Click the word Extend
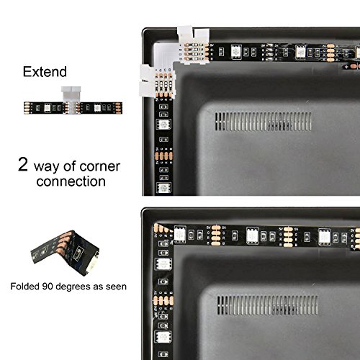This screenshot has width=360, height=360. pyautogui.click(x=45, y=72)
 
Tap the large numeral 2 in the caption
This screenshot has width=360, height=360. pyautogui.click(x=23, y=164)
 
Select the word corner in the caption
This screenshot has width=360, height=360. pyautogui.click(x=100, y=166)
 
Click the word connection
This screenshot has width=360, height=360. pyautogui.click(x=71, y=181)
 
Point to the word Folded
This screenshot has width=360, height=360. pyautogui.click(x=24, y=287)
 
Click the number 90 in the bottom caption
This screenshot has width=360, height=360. pyautogui.click(x=48, y=287)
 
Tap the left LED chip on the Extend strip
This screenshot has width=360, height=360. pyautogui.click(x=48, y=108)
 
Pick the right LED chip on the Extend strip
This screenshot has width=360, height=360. pyautogui.click(x=97, y=108)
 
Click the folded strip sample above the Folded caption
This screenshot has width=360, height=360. pyautogui.click(x=65, y=253)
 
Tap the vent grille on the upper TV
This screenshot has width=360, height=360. pyautogui.click(x=264, y=122)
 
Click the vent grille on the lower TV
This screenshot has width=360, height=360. pyautogui.click(x=267, y=305)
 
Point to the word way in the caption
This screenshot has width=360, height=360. pyautogui.click(x=46, y=167)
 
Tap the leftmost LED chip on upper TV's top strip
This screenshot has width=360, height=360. pyautogui.click(x=236, y=52)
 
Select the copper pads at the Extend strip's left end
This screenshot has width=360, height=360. pyautogui.click(x=27, y=108)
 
